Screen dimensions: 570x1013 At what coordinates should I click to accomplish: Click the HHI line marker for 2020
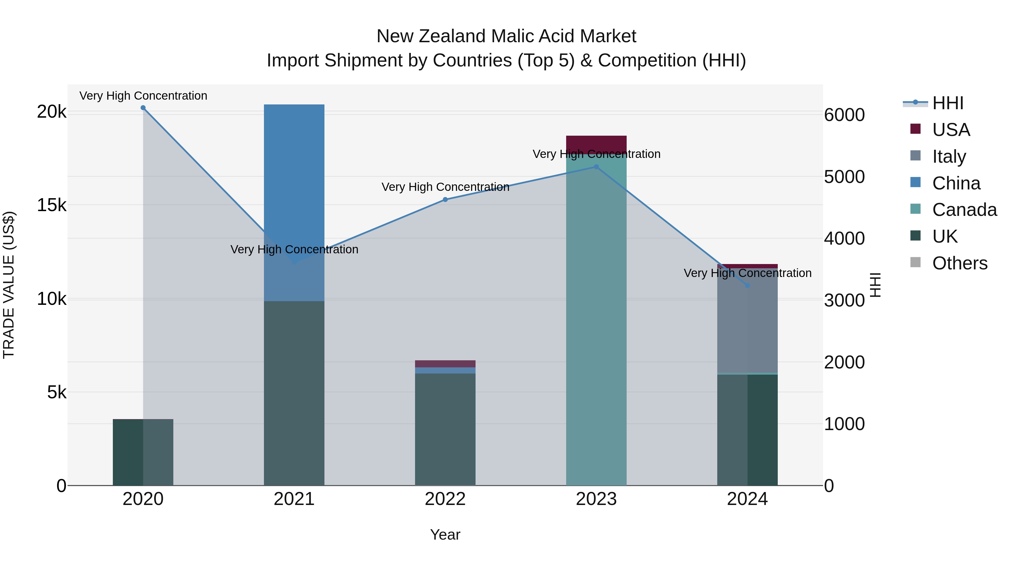(x=143, y=108)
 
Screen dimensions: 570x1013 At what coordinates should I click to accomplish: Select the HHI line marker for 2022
(x=445, y=200)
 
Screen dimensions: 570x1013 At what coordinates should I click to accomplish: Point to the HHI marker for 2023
(x=596, y=167)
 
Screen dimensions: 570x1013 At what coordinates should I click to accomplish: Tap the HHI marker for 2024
(x=748, y=286)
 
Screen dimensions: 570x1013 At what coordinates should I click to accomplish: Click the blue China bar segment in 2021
(x=294, y=165)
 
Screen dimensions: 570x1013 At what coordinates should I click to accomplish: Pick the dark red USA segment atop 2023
(x=596, y=142)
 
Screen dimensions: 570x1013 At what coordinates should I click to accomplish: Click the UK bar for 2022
(x=445, y=429)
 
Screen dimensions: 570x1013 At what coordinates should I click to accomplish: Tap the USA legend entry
(x=951, y=130)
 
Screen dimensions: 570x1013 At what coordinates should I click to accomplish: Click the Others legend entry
(x=959, y=263)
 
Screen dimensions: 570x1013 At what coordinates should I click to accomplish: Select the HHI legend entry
(x=947, y=103)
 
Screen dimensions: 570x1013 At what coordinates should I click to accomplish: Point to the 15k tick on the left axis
(x=51, y=205)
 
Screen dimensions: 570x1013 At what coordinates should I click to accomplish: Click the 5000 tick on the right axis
(x=844, y=177)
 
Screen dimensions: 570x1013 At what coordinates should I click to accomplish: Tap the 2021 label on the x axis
(x=294, y=499)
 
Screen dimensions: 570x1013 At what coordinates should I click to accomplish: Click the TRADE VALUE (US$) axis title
(x=9, y=285)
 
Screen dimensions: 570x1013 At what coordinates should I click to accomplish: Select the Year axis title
(x=445, y=535)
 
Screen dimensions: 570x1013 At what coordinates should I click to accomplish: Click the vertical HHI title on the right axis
(x=875, y=285)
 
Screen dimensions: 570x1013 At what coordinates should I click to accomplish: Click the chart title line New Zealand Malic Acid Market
(x=506, y=36)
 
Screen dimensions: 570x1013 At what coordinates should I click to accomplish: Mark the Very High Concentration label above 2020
(x=143, y=96)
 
